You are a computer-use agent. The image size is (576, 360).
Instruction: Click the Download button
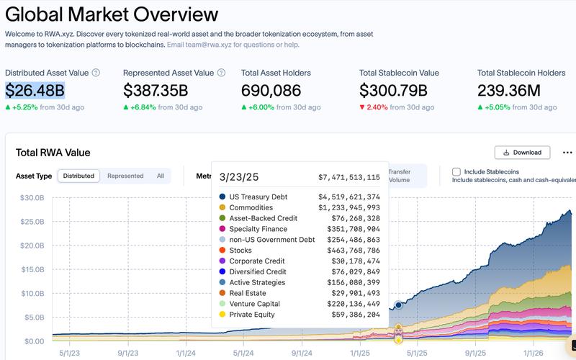click(x=522, y=153)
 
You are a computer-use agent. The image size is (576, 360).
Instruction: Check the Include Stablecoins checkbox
click(x=456, y=172)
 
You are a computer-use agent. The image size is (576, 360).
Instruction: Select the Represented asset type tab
click(x=125, y=176)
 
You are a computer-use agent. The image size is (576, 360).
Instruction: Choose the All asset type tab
click(x=160, y=176)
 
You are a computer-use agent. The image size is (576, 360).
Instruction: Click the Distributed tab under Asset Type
click(x=78, y=176)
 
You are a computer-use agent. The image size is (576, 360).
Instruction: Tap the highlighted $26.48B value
click(x=35, y=90)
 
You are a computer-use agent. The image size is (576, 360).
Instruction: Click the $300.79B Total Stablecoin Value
click(x=394, y=90)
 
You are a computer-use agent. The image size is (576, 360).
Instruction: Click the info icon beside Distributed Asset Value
click(x=96, y=73)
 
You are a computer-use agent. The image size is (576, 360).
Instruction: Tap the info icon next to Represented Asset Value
click(x=221, y=73)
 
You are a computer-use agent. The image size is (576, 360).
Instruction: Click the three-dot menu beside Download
click(x=567, y=153)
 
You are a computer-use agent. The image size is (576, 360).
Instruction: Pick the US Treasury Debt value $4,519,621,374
click(x=349, y=197)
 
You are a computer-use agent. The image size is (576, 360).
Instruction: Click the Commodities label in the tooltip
click(x=251, y=208)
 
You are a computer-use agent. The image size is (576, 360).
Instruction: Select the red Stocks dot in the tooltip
click(x=222, y=251)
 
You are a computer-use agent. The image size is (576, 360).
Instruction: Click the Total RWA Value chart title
click(x=53, y=153)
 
